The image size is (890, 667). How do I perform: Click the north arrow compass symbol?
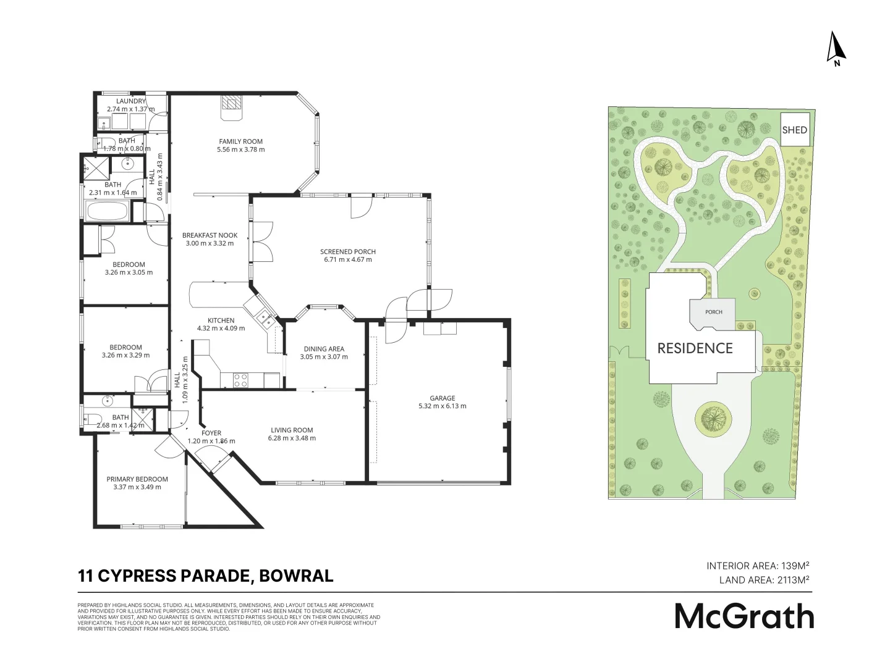coord(836,48)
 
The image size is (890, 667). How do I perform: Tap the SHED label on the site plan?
coord(794,130)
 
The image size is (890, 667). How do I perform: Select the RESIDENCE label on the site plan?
coord(695,348)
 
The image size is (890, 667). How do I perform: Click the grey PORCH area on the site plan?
coord(713,311)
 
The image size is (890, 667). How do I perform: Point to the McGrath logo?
coord(744,616)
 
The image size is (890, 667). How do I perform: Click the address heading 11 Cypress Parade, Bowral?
coord(205,576)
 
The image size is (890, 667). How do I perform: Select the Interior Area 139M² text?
coord(758,566)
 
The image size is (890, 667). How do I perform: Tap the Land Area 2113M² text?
coord(764,580)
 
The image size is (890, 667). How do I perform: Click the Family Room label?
coord(240,141)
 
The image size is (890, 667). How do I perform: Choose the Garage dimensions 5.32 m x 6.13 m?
coord(442,406)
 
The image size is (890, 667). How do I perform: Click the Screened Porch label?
coord(347,251)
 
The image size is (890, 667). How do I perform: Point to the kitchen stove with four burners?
coord(240,380)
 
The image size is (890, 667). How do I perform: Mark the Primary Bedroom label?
coord(137,479)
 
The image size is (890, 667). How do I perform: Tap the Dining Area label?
coord(324,349)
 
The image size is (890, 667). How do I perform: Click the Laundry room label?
coord(131,101)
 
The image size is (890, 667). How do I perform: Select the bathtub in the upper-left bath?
coord(108,214)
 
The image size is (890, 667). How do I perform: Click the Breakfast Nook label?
coord(210,235)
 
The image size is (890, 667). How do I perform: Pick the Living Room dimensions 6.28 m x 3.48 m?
coord(292,438)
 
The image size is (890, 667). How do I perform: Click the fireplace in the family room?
coord(232,106)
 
